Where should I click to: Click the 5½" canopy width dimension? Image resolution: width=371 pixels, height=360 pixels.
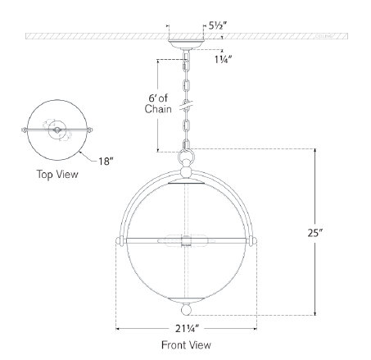coord(218,25)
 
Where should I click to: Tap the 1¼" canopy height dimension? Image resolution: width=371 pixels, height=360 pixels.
coord(223,59)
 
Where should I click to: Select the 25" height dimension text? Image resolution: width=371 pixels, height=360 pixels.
coord(315,233)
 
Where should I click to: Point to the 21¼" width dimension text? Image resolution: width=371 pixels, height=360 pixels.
coord(187,328)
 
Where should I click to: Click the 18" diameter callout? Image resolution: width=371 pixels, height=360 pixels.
coord(106,161)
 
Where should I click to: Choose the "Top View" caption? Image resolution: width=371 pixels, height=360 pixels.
coord(57,175)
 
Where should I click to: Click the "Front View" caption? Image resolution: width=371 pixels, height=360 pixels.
coord(186,345)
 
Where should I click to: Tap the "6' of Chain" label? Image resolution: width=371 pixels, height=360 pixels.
coord(158,103)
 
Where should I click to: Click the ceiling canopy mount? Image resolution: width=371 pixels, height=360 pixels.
coord(186,44)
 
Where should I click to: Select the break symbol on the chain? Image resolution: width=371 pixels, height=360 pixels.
coord(186,105)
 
